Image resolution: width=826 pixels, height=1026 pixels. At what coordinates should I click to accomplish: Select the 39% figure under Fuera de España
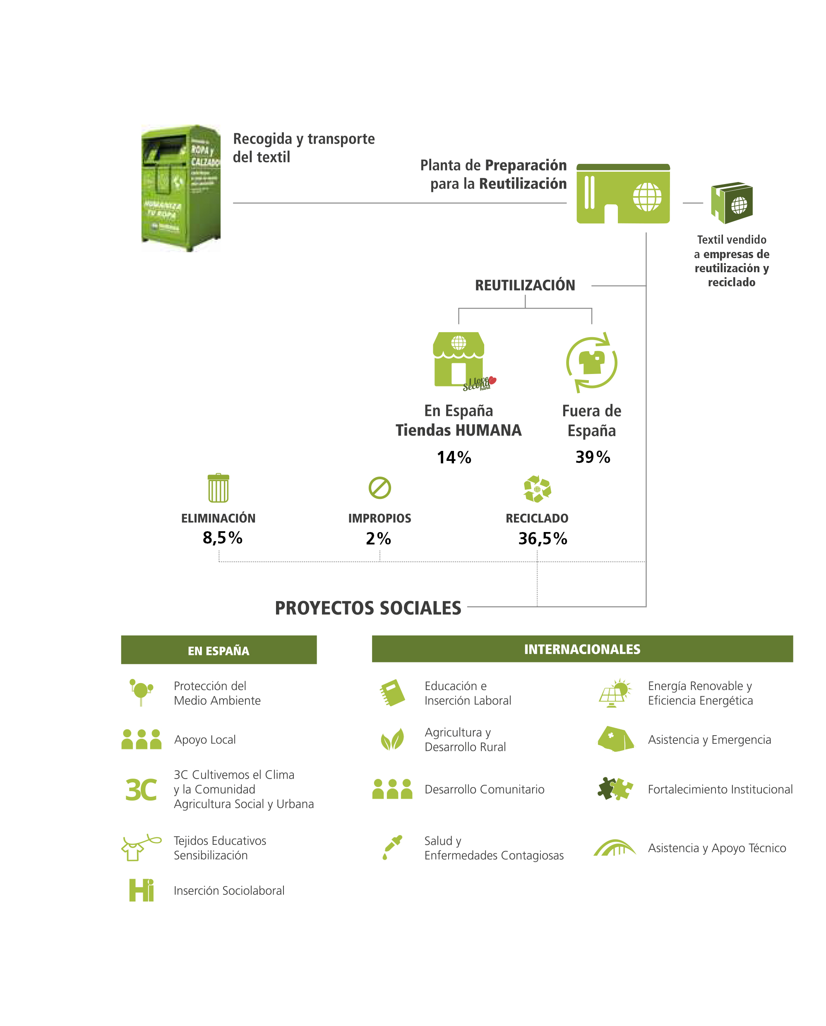[x=592, y=457]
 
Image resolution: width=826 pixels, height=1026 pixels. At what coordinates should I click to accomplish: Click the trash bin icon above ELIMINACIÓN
[x=219, y=488]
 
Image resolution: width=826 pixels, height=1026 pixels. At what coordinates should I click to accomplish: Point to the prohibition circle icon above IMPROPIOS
[x=379, y=488]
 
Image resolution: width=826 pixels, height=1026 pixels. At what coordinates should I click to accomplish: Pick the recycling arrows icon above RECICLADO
[x=537, y=489]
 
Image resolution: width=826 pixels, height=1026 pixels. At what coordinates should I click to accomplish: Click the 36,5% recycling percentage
[x=542, y=538]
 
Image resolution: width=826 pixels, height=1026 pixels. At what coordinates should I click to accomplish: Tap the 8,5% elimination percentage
[x=222, y=538]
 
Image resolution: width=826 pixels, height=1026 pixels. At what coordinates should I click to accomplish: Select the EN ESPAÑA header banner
[x=219, y=650]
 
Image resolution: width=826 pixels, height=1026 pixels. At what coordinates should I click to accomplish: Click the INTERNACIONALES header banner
[x=582, y=649]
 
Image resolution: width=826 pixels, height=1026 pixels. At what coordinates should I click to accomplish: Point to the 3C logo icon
[x=141, y=789]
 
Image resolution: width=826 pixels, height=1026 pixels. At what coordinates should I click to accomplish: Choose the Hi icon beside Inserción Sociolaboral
[x=142, y=890]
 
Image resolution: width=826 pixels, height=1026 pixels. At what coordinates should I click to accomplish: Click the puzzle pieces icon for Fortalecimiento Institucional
[x=615, y=789]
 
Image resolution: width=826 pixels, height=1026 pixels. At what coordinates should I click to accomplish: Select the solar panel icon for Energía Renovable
[x=615, y=693]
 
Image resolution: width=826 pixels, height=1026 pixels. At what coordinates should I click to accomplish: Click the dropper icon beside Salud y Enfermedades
[x=392, y=848]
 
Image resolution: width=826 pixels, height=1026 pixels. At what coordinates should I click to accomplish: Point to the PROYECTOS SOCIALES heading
[x=367, y=608]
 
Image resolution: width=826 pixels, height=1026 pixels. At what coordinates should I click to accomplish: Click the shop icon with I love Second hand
[x=459, y=360]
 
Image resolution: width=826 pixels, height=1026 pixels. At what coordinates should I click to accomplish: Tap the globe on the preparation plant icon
[x=646, y=197]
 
